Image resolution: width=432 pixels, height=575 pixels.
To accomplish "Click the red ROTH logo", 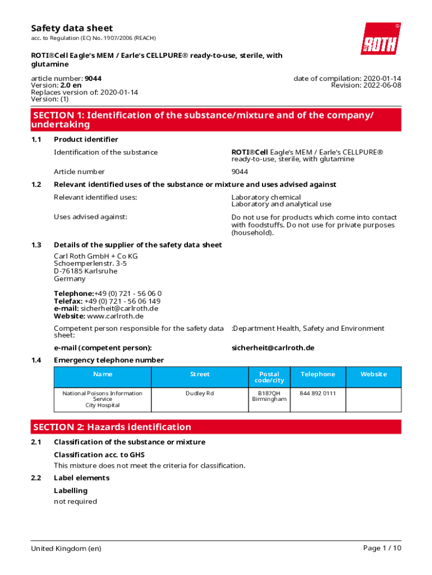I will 380,39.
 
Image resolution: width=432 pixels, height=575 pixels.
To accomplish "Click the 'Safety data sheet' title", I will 72,28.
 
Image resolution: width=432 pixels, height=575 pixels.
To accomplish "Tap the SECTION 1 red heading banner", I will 216,120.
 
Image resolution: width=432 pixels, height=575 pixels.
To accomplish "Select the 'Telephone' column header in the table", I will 318,374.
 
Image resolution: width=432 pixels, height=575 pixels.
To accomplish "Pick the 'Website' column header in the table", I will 374,374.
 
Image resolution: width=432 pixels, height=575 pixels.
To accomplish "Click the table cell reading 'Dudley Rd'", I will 200,393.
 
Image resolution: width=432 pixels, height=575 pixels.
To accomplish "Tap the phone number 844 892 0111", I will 318,393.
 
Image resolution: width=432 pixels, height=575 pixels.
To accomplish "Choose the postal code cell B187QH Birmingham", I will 269,396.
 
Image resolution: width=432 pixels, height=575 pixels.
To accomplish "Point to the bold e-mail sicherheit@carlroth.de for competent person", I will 273,348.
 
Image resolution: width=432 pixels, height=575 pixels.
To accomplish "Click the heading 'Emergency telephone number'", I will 109,360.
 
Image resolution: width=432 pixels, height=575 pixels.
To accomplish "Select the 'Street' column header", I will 200,374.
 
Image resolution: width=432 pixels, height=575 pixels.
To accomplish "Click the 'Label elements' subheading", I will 81,478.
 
